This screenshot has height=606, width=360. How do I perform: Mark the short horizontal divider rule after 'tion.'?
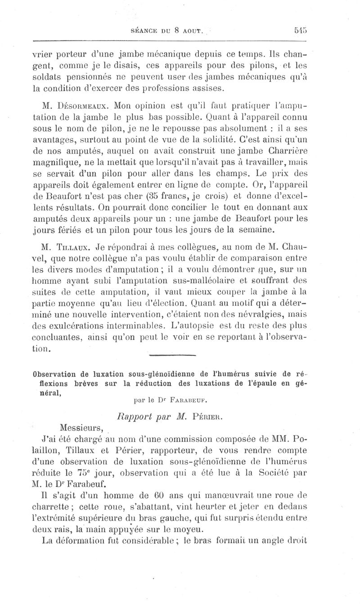[173, 355]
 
